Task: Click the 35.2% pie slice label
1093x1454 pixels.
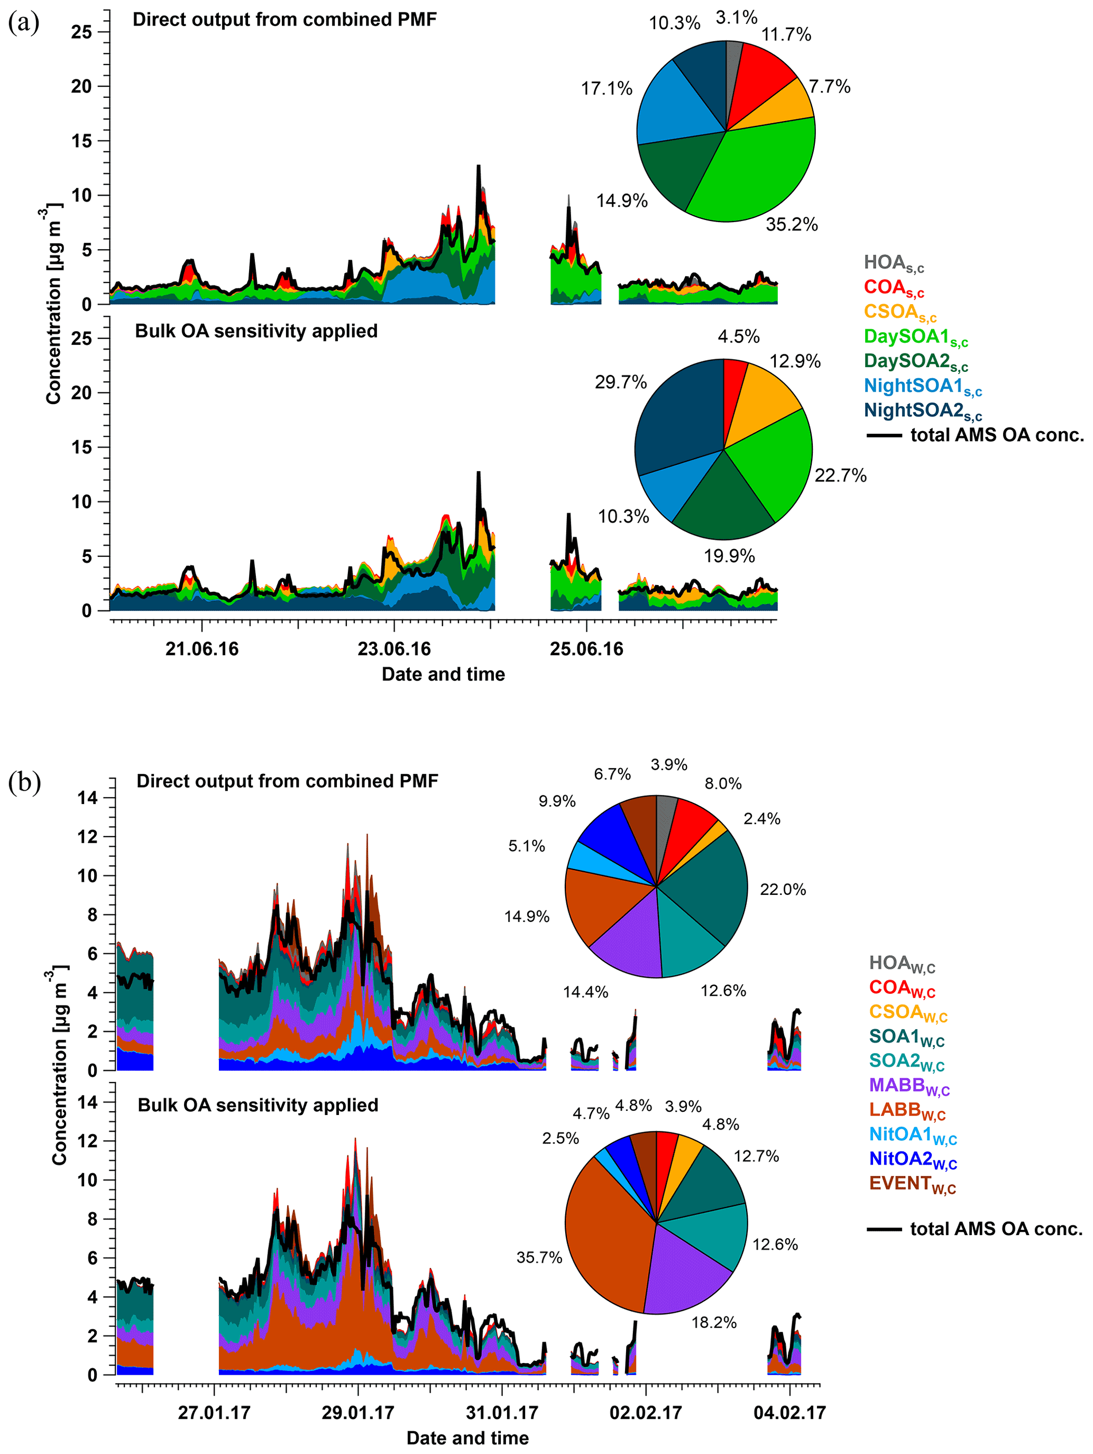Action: (x=791, y=225)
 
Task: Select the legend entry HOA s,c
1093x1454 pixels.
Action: (x=894, y=263)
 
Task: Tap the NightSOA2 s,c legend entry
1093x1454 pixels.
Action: (x=922, y=411)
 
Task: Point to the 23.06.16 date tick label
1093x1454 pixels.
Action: (x=394, y=650)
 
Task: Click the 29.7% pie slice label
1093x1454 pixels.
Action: (x=620, y=382)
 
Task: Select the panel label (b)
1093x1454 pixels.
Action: (x=24, y=783)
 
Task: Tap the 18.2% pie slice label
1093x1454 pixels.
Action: (x=714, y=1322)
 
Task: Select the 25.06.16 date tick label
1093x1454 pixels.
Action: (x=586, y=650)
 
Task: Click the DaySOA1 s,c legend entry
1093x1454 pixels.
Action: (x=915, y=338)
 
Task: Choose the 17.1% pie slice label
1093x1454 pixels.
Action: (x=606, y=89)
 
